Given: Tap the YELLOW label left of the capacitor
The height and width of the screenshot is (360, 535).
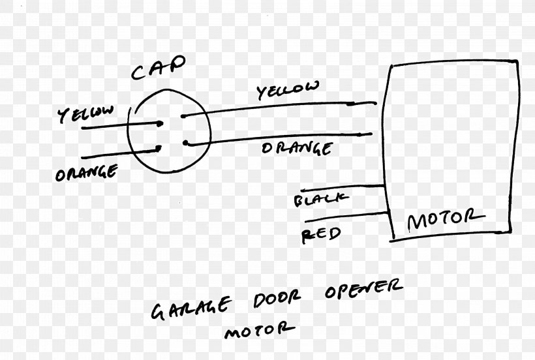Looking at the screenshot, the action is coord(85,114).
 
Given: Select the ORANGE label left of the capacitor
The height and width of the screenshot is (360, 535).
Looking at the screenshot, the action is coord(87,172).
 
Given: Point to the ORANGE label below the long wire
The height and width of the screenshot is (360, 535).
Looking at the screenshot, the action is coord(297,148).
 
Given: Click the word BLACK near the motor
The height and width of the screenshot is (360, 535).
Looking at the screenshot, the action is coord(322,199).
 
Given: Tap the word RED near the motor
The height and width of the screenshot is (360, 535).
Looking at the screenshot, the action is coord(321,235).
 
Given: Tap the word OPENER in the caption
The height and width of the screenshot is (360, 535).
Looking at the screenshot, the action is coord(363,289).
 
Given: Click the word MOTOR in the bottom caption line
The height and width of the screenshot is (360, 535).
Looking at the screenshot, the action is coord(260,330).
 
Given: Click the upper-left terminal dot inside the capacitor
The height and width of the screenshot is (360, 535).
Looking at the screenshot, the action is coord(159,124).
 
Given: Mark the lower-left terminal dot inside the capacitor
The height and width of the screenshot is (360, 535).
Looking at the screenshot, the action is coord(159,148).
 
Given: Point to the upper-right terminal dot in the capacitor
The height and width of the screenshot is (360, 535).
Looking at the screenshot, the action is coord(183,116).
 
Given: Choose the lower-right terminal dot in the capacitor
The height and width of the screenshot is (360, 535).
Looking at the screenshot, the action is coord(185,143).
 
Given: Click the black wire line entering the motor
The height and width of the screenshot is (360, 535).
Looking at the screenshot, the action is coord(343,188).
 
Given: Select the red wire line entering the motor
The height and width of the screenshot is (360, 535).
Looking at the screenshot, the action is coord(347,217).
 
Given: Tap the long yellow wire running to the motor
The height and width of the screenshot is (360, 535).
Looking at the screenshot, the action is coord(280,107).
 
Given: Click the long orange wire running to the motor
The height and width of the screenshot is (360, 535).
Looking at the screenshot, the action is coord(280,139).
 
